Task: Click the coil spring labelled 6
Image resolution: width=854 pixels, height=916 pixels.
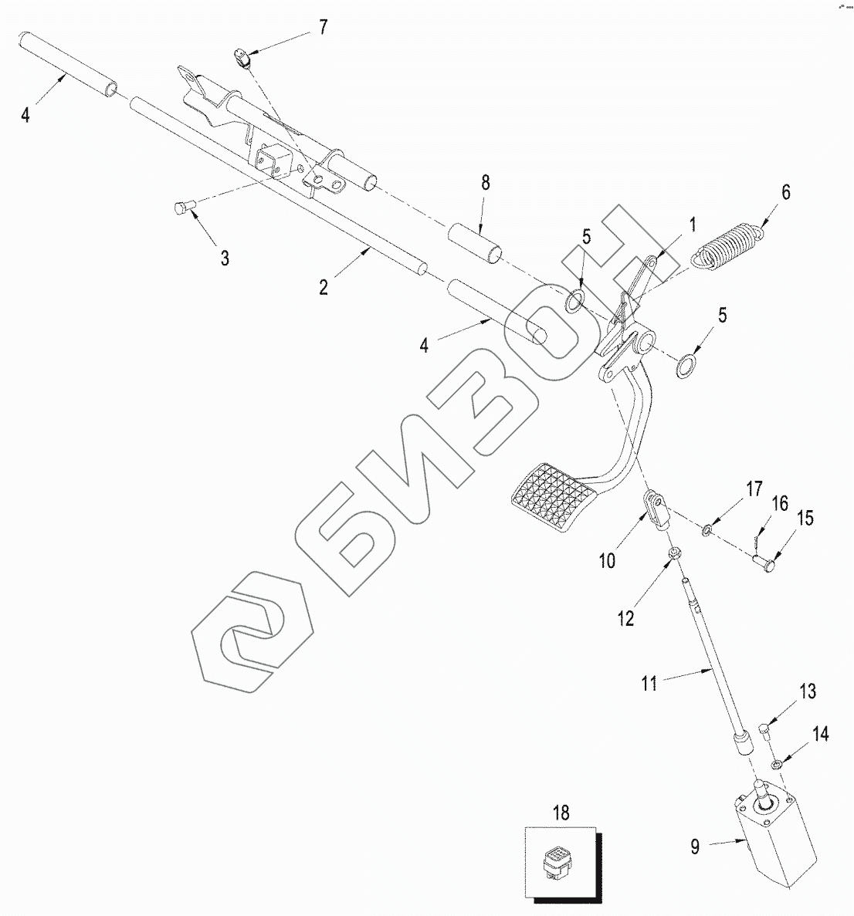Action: click(727, 245)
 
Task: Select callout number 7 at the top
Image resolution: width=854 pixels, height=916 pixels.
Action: click(323, 28)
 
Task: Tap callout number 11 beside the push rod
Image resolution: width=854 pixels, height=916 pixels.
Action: click(649, 683)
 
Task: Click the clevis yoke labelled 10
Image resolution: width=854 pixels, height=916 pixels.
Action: click(657, 509)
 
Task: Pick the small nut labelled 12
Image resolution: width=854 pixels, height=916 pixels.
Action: click(673, 553)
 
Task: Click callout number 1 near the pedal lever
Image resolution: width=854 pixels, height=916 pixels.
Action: click(693, 225)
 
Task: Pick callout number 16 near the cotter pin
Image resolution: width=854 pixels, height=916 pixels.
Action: click(779, 504)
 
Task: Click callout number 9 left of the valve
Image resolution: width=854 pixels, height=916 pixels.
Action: click(695, 847)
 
